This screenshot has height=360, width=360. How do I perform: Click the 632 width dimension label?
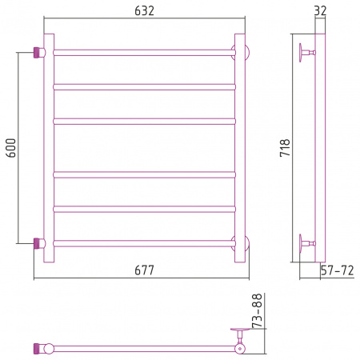point(144,10)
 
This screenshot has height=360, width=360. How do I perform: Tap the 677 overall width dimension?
point(144,270)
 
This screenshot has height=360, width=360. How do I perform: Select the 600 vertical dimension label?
point(11,148)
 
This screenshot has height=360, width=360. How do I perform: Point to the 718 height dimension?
point(285,147)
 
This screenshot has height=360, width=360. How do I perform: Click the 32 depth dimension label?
point(320,10)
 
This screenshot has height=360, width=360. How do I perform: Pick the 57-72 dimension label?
point(337,270)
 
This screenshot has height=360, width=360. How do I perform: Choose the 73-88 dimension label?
point(258,310)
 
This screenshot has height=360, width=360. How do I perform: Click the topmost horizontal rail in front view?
point(144,53)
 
